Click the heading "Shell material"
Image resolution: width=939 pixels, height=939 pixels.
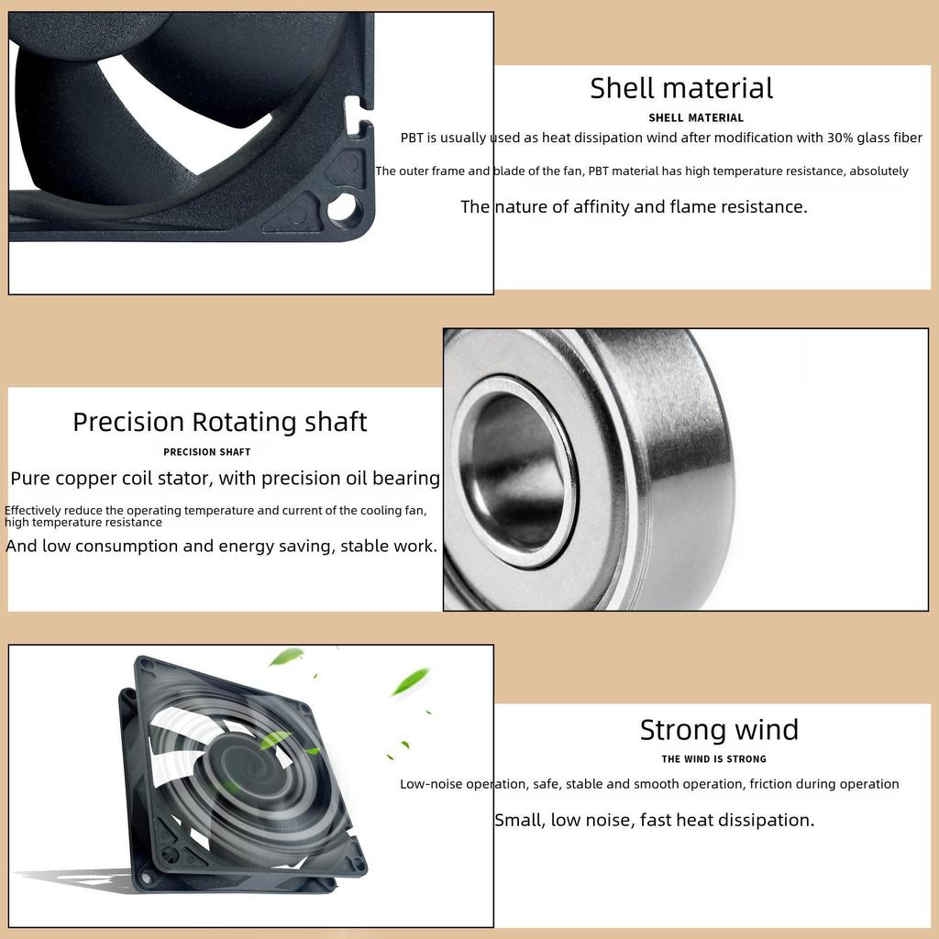tap(681, 88)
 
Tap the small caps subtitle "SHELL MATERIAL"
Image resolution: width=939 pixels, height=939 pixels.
tap(696, 118)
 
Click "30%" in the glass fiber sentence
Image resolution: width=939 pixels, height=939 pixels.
tap(840, 138)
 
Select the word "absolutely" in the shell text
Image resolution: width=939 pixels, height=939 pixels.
tap(879, 171)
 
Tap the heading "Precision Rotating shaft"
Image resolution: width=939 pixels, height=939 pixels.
tap(220, 422)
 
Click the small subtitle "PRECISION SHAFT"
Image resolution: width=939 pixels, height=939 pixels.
tap(207, 452)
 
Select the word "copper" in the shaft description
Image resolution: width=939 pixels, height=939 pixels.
tap(81, 479)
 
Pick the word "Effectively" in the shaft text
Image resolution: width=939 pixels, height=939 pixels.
tap(33, 510)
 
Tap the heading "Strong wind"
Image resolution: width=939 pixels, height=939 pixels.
tap(719, 730)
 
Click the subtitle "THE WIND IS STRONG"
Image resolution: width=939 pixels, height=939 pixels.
tap(713, 759)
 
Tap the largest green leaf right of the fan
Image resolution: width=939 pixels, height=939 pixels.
tap(411, 681)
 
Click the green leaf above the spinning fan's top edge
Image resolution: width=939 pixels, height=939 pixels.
tap(286, 657)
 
